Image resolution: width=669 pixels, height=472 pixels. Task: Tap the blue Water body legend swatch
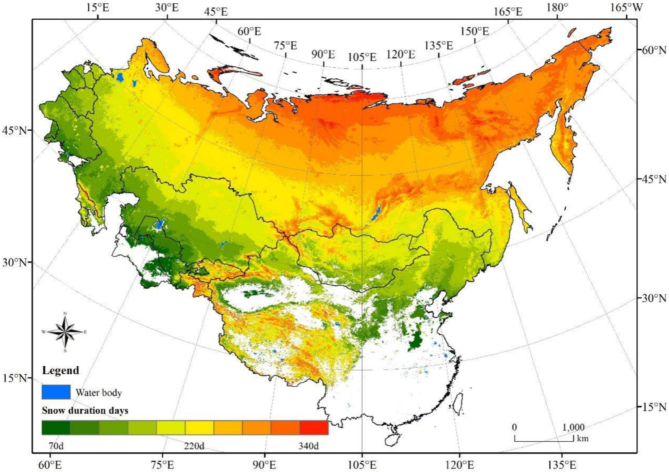tap(56, 392)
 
